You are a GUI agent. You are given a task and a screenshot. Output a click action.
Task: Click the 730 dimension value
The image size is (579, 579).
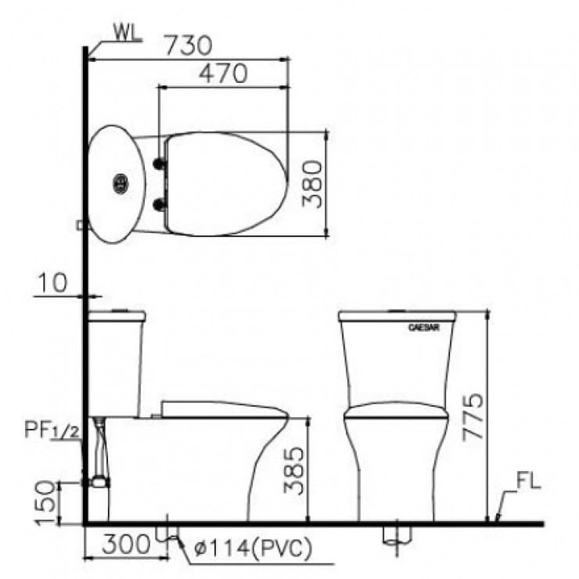point(189,45)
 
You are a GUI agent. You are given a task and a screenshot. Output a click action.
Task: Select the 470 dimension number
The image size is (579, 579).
point(224,74)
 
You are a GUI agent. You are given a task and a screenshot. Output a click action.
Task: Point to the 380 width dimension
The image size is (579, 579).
point(312,184)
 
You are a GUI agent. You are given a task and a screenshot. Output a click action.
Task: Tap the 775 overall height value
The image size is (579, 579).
point(473,417)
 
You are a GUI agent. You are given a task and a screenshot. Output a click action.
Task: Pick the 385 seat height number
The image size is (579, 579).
point(293,471)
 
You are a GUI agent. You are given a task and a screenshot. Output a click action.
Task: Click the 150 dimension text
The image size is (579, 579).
point(46,502)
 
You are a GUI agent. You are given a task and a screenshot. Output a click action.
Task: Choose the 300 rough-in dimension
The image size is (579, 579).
point(126,544)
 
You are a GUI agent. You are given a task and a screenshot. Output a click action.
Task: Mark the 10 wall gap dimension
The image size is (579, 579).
point(53,282)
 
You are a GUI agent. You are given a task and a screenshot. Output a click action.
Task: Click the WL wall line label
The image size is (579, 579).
point(127,33)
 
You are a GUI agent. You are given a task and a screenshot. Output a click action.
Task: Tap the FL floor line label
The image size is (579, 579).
point(528,481)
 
